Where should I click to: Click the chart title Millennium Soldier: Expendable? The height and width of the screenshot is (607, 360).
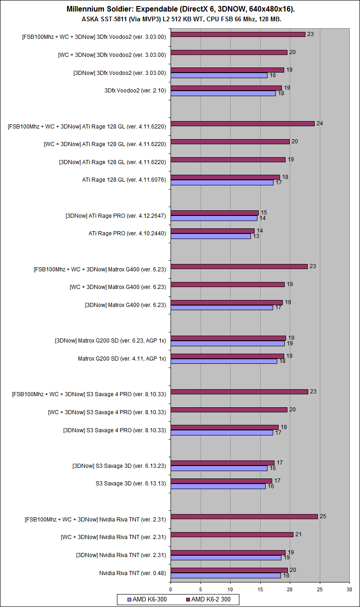[x=180, y=9]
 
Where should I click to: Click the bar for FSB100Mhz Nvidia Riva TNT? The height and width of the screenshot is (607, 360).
[x=244, y=516]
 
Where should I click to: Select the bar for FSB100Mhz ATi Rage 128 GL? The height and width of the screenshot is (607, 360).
[x=243, y=123]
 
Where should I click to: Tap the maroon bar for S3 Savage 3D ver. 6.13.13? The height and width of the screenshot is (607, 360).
[x=221, y=481]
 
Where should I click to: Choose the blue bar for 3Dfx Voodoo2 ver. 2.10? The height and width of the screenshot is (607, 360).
[x=223, y=93]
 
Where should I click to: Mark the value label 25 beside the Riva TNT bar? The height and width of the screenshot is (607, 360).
[x=323, y=516]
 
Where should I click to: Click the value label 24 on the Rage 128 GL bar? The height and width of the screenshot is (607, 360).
[x=320, y=123]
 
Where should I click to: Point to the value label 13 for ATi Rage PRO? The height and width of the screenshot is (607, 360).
[x=256, y=236]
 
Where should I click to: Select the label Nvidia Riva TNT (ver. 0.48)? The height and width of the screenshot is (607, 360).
[x=133, y=573]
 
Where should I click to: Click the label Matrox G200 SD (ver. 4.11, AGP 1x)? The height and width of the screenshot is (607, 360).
[x=122, y=358]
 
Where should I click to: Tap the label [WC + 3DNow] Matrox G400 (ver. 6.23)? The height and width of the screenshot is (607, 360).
[x=118, y=287]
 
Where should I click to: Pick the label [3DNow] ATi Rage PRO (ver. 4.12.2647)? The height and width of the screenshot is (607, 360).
[x=116, y=215]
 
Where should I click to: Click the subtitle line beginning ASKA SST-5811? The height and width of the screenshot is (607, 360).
[x=180, y=19]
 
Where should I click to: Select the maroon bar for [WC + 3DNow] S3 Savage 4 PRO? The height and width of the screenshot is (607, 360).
[x=229, y=410]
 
